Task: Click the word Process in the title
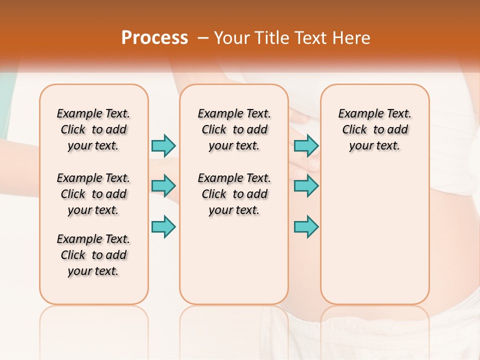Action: pyautogui.click(x=154, y=38)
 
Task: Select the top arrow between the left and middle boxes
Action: pyautogui.click(x=163, y=145)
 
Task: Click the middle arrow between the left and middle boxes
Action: pyautogui.click(x=163, y=186)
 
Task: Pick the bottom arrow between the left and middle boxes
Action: pyautogui.click(x=163, y=226)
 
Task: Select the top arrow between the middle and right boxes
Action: pyautogui.click(x=306, y=145)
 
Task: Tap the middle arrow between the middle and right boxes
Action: pyautogui.click(x=306, y=186)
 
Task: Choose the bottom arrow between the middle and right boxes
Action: pyautogui.click(x=306, y=226)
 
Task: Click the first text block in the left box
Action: pyautogui.click(x=93, y=129)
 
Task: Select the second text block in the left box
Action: pyautogui.click(x=93, y=194)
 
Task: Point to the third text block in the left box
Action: pyautogui.click(x=93, y=255)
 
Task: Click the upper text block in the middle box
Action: pyautogui.click(x=234, y=129)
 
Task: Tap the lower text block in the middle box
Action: pyautogui.click(x=234, y=194)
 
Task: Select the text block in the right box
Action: pyautogui.click(x=375, y=129)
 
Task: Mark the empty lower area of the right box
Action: pyautogui.click(x=375, y=235)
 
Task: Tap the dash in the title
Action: pyautogui.click(x=202, y=38)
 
